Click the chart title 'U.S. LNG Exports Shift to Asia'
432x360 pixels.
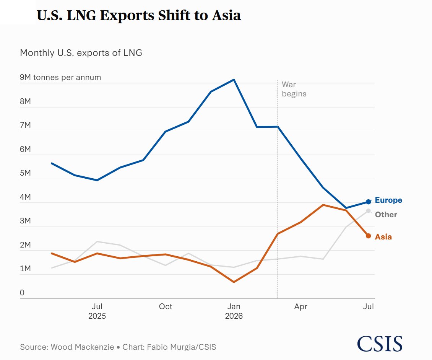click(x=138, y=15)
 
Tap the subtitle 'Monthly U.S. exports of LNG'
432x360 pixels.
click(x=81, y=53)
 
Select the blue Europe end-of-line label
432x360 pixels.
click(x=388, y=200)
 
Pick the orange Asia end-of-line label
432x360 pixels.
click(x=383, y=237)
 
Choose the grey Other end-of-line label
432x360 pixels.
click(x=386, y=215)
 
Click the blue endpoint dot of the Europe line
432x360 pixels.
click(x=369, y=202)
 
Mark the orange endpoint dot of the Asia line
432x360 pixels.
click(x=369, y=236)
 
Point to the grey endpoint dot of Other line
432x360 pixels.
click(x=369, y=211)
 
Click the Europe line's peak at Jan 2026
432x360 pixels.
click(x=234, y=80)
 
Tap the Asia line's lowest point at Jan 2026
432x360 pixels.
click(x=234, y=282)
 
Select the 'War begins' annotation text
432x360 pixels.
click(x=294, y=89)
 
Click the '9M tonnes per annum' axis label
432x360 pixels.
click(x=60, y=77)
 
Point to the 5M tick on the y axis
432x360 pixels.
click(x=25, y=173)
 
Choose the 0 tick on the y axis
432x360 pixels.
click(x=22, y=293)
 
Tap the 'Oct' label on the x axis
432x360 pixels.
click(x=166, y=306)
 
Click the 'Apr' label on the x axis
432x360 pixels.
click(x=300, y=306)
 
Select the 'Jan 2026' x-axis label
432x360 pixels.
click(x=234, y=311)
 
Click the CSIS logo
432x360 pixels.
click(x=380, y=344)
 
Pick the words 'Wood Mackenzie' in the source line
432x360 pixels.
click(x=82, y=347)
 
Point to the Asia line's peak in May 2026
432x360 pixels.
click(x=323, y=205)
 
